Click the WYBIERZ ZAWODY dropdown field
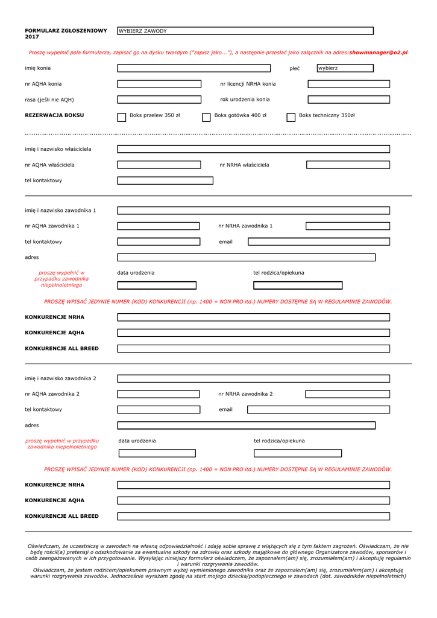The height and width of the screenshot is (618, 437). [245, 31]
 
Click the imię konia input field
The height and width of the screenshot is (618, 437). [194, 68]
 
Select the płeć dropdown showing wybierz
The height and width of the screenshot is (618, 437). [345, 68]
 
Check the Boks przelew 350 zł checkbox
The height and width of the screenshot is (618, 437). [122, 117]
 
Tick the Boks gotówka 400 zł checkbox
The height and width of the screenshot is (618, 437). [206, 117]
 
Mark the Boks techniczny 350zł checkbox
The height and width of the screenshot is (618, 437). [291, 117]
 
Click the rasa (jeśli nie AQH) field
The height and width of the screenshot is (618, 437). [159, 100]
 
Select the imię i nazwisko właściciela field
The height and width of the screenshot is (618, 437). [253, 149]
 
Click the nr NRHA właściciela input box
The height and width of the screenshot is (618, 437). [348, 164]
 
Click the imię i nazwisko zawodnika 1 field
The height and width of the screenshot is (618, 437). [253, 211]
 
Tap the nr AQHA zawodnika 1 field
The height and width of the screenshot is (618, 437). [158, 226]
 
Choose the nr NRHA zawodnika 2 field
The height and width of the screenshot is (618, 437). [347, 394]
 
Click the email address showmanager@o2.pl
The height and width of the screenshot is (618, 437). [378, 53]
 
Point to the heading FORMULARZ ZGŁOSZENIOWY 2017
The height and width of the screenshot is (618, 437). [66, 33]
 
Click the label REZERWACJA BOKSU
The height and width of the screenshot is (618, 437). [54, 115]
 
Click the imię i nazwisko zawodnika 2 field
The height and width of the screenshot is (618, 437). [253, 378]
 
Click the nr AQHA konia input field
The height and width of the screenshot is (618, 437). [159, 84]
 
